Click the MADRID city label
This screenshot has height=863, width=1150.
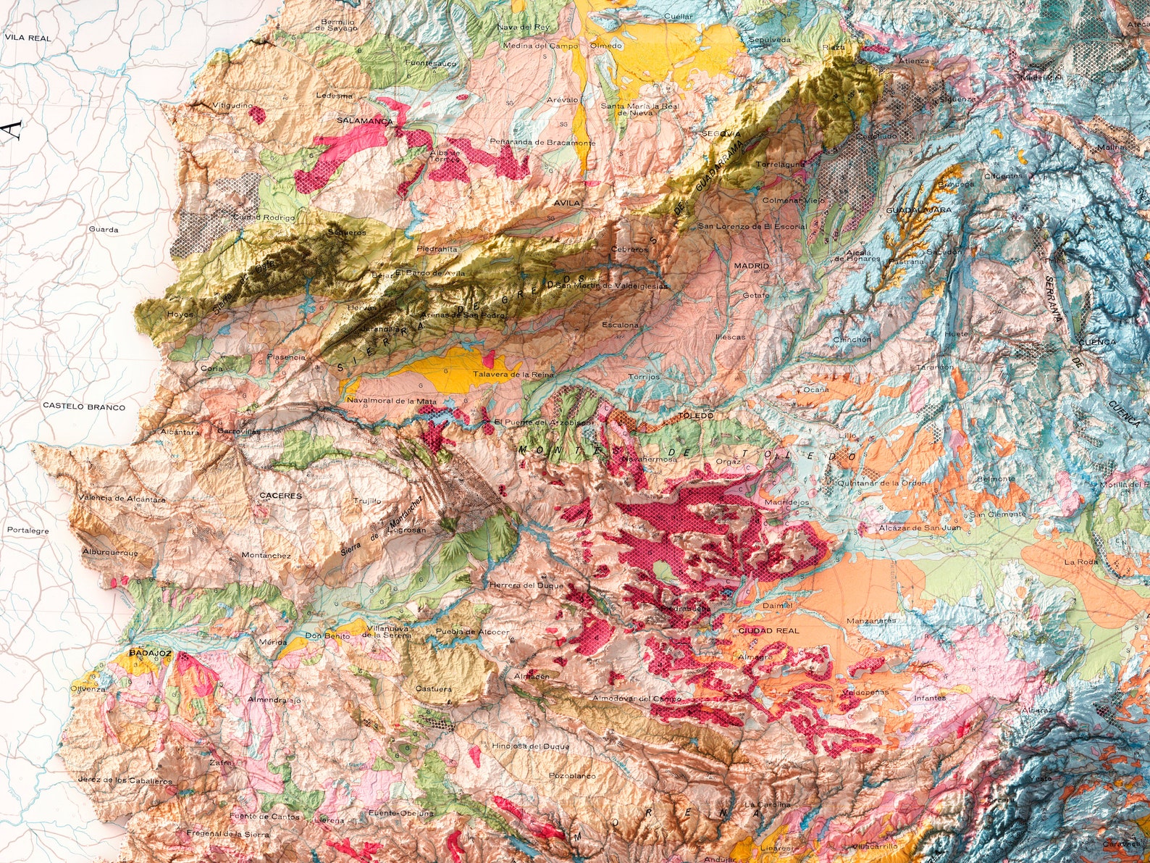pos(751,266)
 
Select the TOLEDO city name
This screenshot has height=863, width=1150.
pos(697,416)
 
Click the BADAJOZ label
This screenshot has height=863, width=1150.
pos(149,653)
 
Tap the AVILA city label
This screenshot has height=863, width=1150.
pos(567,203)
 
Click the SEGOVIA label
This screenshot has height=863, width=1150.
pos(721,134)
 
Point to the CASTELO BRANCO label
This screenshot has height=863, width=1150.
pos(83,407)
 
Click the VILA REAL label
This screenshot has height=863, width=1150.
pos(28,38)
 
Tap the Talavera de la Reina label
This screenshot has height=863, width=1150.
pos(513,375)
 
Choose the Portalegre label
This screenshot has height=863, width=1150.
pos(28,530)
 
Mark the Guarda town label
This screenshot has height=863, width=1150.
pos(103,230)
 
